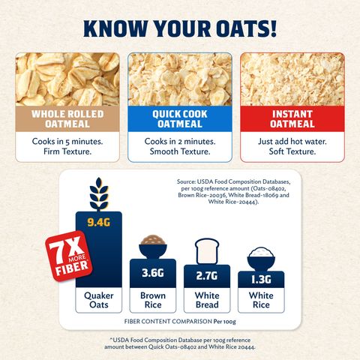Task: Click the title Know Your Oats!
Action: [x=180, y=28]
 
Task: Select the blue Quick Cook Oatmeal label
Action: [x=180, y=120]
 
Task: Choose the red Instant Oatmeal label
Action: [x=292, y=120]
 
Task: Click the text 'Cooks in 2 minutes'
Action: [x=180, y=140]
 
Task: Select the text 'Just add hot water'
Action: [x=292, y=140]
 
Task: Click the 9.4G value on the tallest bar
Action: [x=99, y=221]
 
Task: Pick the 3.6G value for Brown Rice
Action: [x=153, y=273]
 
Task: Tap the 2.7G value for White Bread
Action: [x=206, y=277]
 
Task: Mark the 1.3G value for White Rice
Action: [x=259, y=280]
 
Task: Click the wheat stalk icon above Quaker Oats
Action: [x=98, y=195]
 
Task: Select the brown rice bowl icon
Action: [x=153, y=247]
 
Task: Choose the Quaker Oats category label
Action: [x=99, y=301]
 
